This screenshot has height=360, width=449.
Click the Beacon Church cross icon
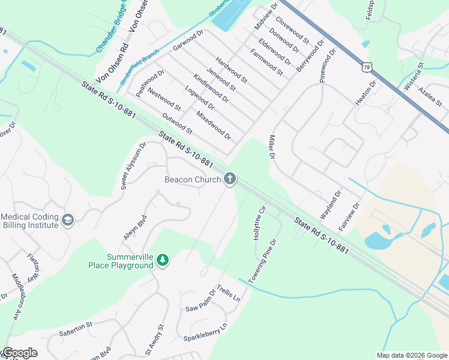pyautogui.click(x=229, y=179)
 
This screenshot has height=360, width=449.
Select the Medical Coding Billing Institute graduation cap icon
pyautogui.click(x=67, y=220)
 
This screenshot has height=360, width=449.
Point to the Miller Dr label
pyautogui.click(x=271, y=146)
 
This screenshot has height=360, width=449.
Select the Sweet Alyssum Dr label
pyautogui.click(x=133, y=166)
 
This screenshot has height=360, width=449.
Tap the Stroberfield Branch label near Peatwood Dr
pyautogui.click(x=139, y=66)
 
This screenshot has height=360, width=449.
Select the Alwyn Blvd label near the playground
pyautogui.click(x=135, y=228)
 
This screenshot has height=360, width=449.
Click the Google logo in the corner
pyautogui.click(x=19, y=353)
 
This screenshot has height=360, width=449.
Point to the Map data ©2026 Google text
pyautogui.click(x=412, y=355)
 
